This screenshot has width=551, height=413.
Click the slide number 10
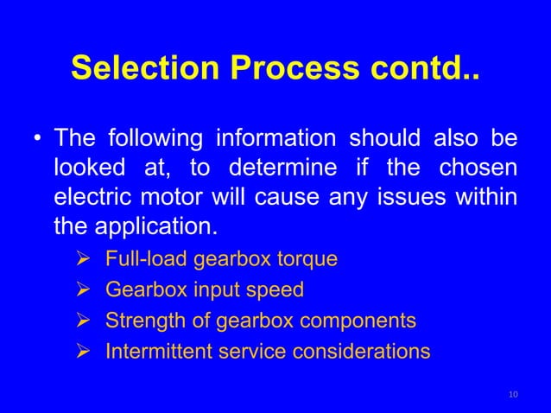pyautogui.click(x=514, y=395)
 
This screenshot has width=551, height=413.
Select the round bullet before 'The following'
pyautogui.click(x=37, y=139)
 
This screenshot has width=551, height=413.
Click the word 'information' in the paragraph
pyautogui.click(x=277, y=139)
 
